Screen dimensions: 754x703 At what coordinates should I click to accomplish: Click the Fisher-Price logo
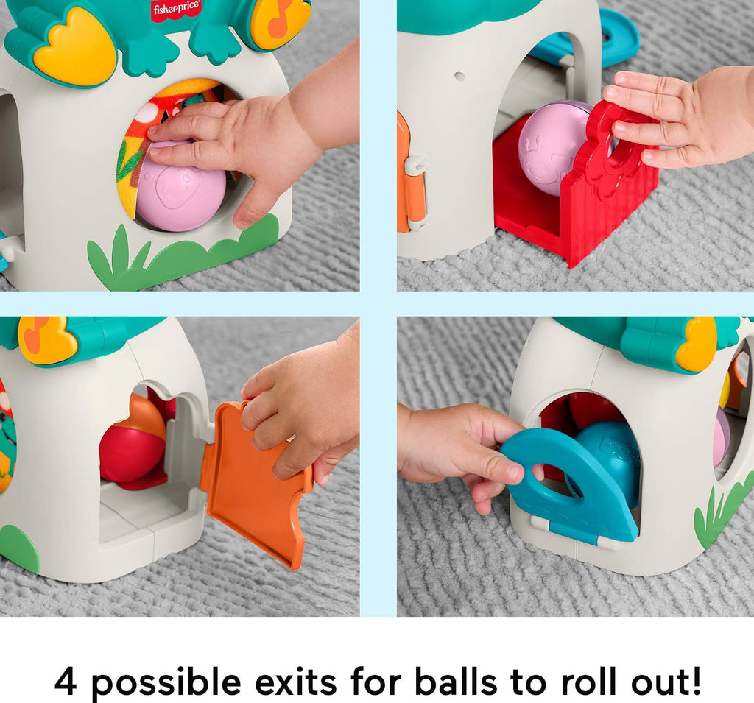(176, 10)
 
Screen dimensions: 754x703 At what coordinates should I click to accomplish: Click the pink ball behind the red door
(553, 146)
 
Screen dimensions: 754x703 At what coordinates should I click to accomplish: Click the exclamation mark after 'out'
(694, 680)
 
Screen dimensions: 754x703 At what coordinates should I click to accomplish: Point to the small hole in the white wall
(459, 76)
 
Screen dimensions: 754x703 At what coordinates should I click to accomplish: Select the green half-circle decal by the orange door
(19, 548)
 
